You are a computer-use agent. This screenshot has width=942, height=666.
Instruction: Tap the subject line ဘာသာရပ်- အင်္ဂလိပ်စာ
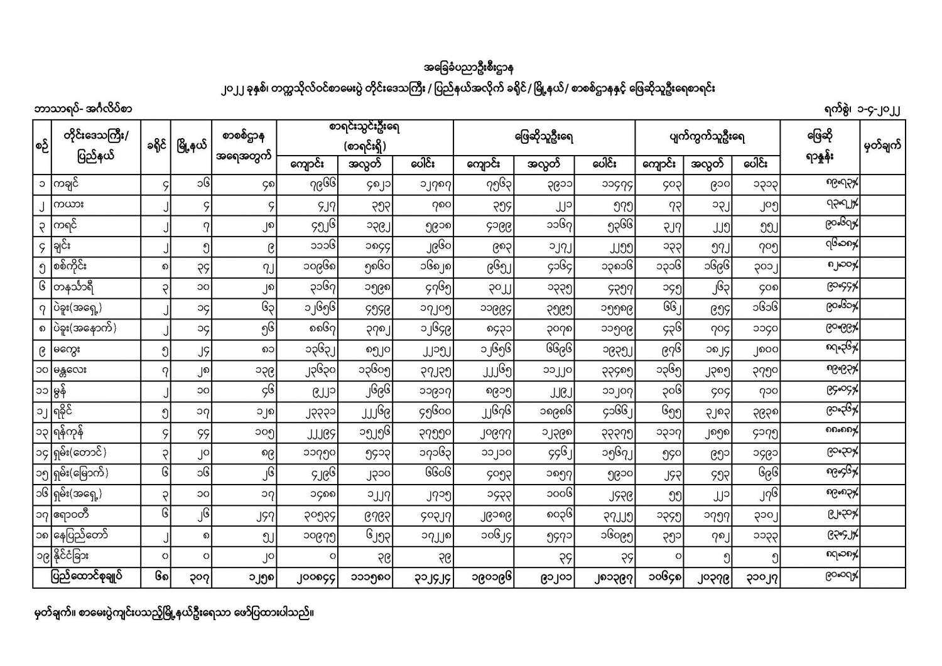tap(84, 109)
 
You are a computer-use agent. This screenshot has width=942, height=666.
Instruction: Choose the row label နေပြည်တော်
tap(81, 535)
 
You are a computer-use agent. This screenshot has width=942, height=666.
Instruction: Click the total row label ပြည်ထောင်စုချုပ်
tap(87, 576)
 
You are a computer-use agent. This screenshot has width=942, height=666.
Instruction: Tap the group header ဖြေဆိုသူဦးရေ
tap(544, 137)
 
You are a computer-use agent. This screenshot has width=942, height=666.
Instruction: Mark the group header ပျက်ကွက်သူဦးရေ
tap(708, 137)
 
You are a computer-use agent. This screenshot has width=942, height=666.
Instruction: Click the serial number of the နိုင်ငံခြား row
tap(42, 556)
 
